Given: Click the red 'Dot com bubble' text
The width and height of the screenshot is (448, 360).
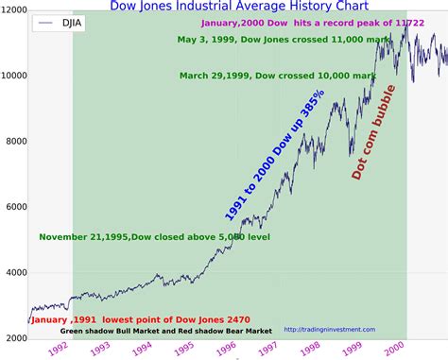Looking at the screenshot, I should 373,131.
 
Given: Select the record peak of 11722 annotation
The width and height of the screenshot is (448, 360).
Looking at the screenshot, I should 295,21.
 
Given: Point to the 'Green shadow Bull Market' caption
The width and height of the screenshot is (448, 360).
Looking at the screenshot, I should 166,331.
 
